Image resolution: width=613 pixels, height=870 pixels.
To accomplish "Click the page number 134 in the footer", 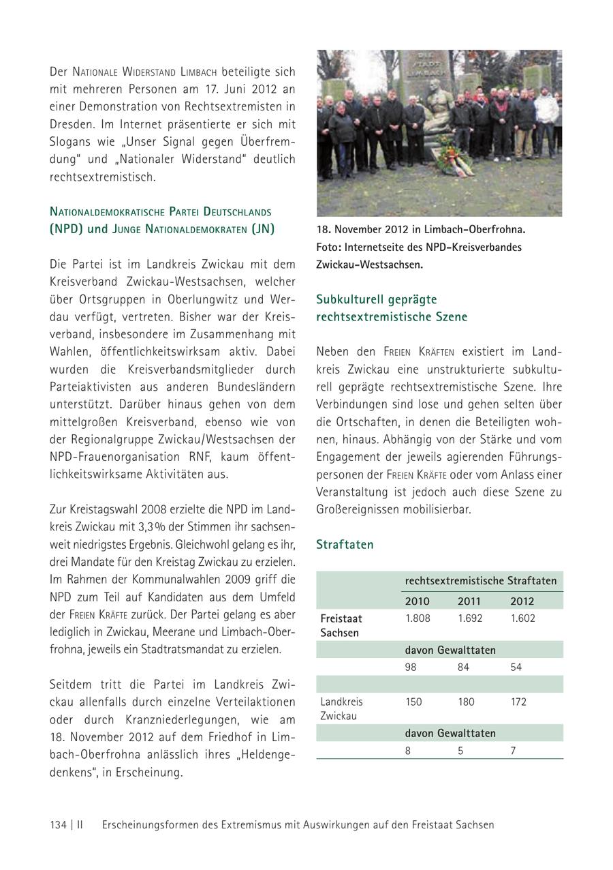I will [58, 824].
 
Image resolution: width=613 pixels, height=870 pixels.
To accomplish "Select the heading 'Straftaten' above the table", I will [345, 545].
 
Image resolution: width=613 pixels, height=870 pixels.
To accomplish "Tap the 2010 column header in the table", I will [417, 601].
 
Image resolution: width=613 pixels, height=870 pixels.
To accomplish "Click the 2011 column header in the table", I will [469, 601].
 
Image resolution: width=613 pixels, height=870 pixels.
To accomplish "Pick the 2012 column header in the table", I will [522, 601].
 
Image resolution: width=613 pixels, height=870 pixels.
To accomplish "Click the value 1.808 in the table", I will [417, 618].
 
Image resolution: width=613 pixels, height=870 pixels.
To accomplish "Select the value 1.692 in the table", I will [469, 618].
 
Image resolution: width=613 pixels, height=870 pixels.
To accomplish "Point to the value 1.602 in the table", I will [522, 618].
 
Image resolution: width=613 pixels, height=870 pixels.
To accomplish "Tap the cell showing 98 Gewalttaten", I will [411, 667].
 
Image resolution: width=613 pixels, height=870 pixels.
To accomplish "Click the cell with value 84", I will [463, 667].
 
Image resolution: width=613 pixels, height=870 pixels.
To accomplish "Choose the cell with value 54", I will [516, 667].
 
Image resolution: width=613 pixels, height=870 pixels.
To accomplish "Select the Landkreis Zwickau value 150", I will [413, 702].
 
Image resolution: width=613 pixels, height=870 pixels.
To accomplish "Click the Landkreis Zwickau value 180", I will [466, 702].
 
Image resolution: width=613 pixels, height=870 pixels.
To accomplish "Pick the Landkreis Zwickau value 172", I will [518, 702].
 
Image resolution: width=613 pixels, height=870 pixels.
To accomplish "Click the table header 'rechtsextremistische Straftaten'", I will [481, 581].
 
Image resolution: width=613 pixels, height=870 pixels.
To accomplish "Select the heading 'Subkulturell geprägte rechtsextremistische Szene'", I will [392, 308].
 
